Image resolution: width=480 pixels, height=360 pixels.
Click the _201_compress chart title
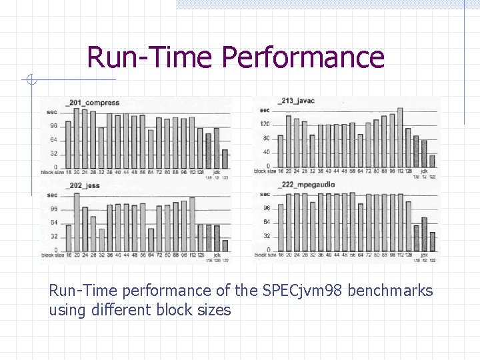(93, 103)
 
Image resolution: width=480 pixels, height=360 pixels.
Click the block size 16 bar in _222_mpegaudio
(281, 227)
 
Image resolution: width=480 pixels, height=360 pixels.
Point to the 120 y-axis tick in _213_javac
(265, 124)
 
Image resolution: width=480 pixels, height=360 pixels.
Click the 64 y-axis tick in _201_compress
(53, 139)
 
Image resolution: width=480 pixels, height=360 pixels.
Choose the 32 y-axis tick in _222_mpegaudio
(266, 236)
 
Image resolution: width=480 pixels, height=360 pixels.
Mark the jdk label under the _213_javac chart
(424, 171)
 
